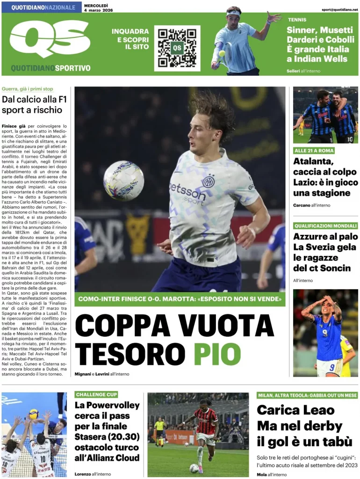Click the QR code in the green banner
(x=177, y=48)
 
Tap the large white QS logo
(x=50, y=39)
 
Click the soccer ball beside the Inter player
(x=123, y=181)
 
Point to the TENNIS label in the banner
(x=297, y=20)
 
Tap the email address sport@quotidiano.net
(x=339, y=9)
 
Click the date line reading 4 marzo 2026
(x=99, y=10)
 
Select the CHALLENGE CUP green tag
(x=96, y=395)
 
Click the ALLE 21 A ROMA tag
(x=314, y=151)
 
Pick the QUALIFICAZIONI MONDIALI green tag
(x=325, y=225)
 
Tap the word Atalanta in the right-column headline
(x=313, y=162)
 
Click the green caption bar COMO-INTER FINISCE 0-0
(x=180, y=299)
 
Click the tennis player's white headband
(x=233, y=13)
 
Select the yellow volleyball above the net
(x=34, y=414)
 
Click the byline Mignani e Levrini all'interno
(x=102, y=374)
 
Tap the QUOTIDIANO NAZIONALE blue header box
(x=43, y=7)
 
